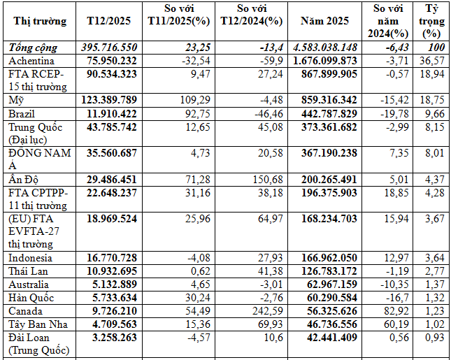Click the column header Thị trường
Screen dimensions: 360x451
[x=40, y=21]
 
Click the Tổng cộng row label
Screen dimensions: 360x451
[x=34, y=48]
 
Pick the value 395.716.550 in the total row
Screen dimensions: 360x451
[x=107, y=48]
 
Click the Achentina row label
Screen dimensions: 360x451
[x=32, y=61]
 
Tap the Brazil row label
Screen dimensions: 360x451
[x=23, y=113]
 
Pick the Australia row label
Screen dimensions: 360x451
[x=29, y=285]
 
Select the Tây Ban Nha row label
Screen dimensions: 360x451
[x=36, y=324]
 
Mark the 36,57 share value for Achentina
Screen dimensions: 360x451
[x=435, y=61]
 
